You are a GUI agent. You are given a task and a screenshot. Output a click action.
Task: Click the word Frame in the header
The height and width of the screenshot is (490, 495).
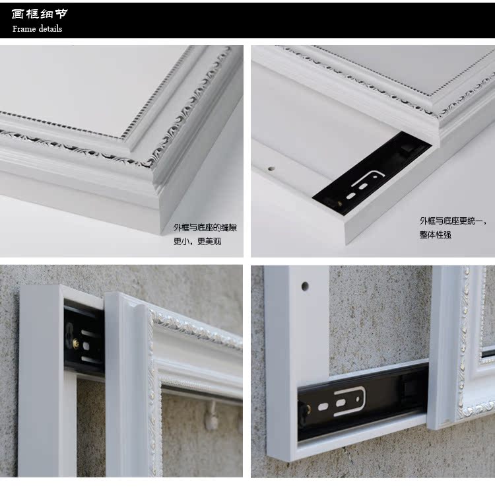coord(24,29)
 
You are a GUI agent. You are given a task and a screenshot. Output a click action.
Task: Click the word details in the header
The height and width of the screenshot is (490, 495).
coord(50,29)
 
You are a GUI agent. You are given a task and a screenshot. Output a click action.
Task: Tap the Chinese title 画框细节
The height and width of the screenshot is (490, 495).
coord(40,14)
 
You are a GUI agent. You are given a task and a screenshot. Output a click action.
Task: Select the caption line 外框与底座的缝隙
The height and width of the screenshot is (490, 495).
coord(205,227)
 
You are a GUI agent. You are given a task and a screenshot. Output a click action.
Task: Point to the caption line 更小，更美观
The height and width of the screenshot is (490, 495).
coord(197,241)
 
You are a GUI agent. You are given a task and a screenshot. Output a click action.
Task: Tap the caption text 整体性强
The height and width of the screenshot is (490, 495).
coord(436,234)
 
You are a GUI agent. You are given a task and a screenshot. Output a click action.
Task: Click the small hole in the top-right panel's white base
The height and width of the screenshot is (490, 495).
coord(271,168)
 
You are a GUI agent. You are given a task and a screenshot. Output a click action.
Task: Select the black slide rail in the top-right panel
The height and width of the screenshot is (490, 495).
coord(372,170)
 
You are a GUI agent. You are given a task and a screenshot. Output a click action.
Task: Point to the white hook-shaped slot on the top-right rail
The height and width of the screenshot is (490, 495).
coord(368,178)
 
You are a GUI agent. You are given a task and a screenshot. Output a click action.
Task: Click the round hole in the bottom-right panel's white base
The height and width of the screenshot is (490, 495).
coord(305,287)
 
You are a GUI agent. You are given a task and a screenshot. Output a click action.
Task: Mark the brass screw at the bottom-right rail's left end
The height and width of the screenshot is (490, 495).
coord(308,409)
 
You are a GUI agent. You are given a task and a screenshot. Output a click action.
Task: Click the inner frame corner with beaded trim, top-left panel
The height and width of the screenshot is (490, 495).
coord(123,139)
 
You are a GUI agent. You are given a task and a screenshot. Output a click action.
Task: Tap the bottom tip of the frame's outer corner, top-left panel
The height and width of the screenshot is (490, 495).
coord(161,234)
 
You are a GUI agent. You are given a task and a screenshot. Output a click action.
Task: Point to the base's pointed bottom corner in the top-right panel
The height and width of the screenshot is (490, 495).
coord(346,244)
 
